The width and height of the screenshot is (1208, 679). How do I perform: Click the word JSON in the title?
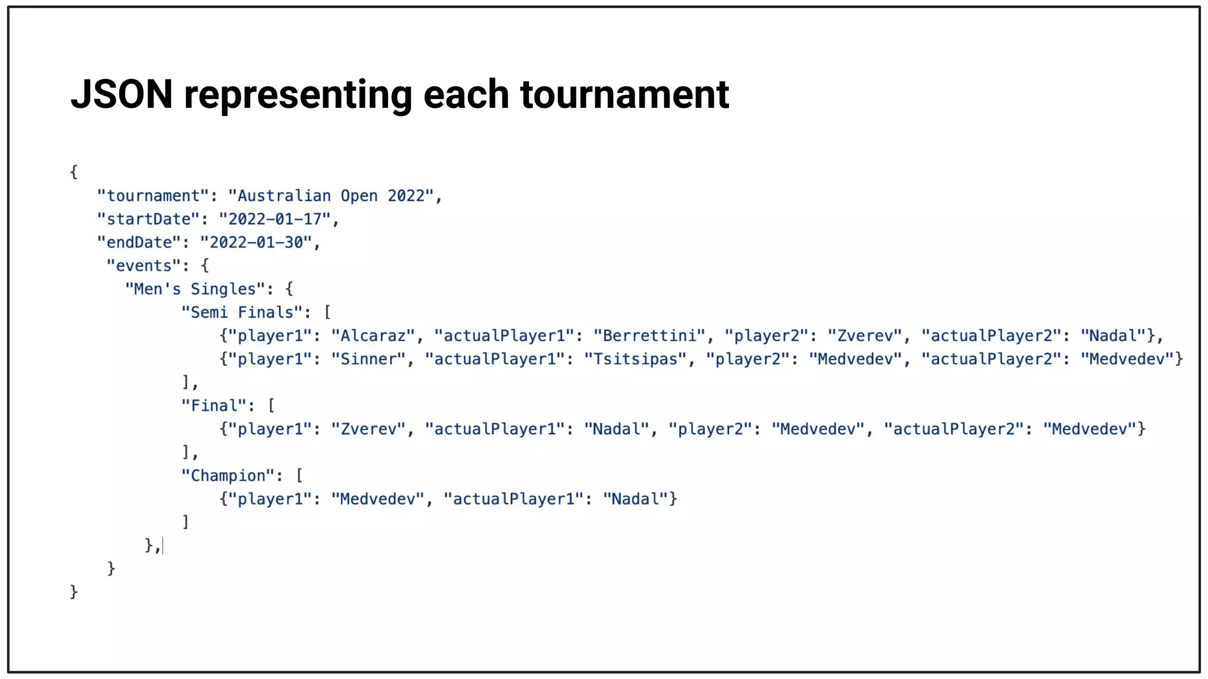coord(122,94)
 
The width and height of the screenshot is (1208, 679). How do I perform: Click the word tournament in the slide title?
coord(625,95)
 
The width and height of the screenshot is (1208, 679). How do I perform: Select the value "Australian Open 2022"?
coord(331,196)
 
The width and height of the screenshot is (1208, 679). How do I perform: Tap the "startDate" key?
coord(149,219)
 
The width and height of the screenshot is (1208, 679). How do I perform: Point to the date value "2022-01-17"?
coord(275,219)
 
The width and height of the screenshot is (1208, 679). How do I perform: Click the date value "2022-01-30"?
coord(256,242)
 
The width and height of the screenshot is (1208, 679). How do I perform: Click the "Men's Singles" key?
coord(195,289)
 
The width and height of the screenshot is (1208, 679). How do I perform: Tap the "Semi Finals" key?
coord(242,312)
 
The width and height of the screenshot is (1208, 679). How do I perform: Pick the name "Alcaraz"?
coord(373,336)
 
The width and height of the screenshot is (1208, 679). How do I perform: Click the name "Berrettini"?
coord(649,336)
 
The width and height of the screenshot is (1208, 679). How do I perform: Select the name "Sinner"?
coord(368,359)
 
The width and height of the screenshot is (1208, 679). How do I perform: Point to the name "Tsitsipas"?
coord(635,359)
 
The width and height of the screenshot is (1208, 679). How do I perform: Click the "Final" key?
coord(214,406)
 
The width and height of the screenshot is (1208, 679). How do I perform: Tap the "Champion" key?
coord(228,476)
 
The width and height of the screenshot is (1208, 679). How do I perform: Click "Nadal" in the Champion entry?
coord(635,499)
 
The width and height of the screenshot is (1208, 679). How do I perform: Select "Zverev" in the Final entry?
coord(368,429)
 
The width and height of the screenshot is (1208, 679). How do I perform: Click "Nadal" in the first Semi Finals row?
coord(1113,336)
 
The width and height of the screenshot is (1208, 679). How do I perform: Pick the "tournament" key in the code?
coord(153,196)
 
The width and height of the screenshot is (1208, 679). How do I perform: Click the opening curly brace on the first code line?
coord(74,172)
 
